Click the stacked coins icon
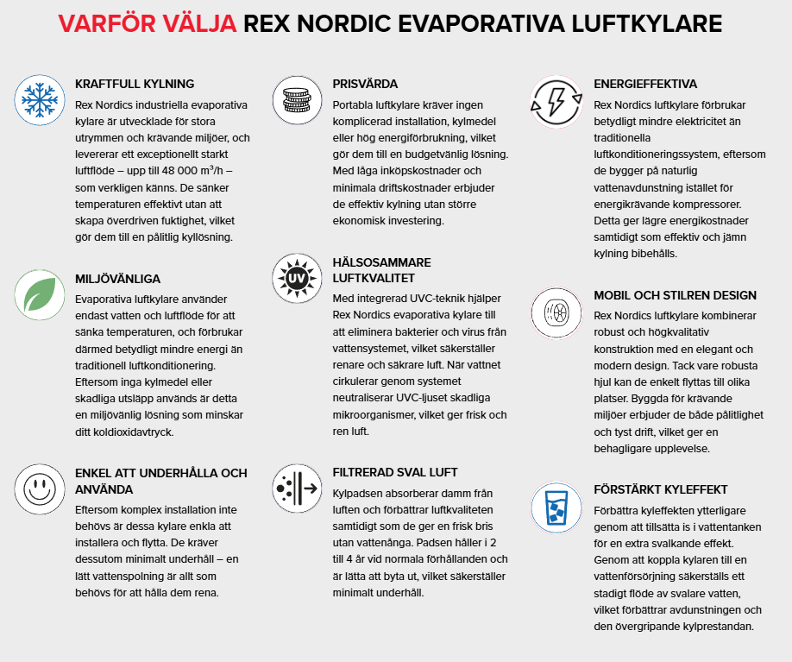tap(297, 100)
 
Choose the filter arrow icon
tap(297, 489)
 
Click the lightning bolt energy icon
tap(555, 100)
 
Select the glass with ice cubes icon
tap(555, 506)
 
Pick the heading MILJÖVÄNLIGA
tap(117, 280)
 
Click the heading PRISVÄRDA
tap(365, 85)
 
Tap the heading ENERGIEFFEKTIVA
tap(645, 85)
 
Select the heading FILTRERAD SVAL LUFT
tap(395, 473)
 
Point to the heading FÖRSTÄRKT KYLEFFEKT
tap(661, 489)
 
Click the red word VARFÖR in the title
tap(109, 23)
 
